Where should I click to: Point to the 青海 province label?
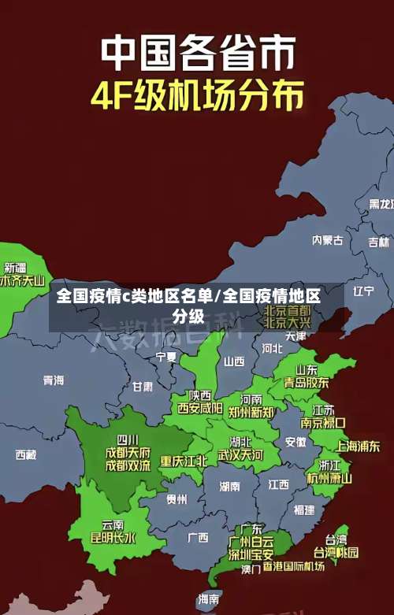(54, 380)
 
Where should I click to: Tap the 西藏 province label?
(26, 454)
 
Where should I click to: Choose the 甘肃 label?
(143, 387)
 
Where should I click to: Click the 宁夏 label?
(166, 356)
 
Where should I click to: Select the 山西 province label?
(234, 361)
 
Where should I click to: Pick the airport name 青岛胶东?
(307, 383)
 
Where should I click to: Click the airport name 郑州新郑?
(251, 412)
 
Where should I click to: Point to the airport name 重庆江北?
(184, 461)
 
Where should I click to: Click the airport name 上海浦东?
(358, 446)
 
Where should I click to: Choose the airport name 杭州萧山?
(329, 477)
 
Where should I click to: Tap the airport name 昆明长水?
(113, 539)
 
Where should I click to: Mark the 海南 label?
(209, 599)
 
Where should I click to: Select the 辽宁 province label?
(363, 291)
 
